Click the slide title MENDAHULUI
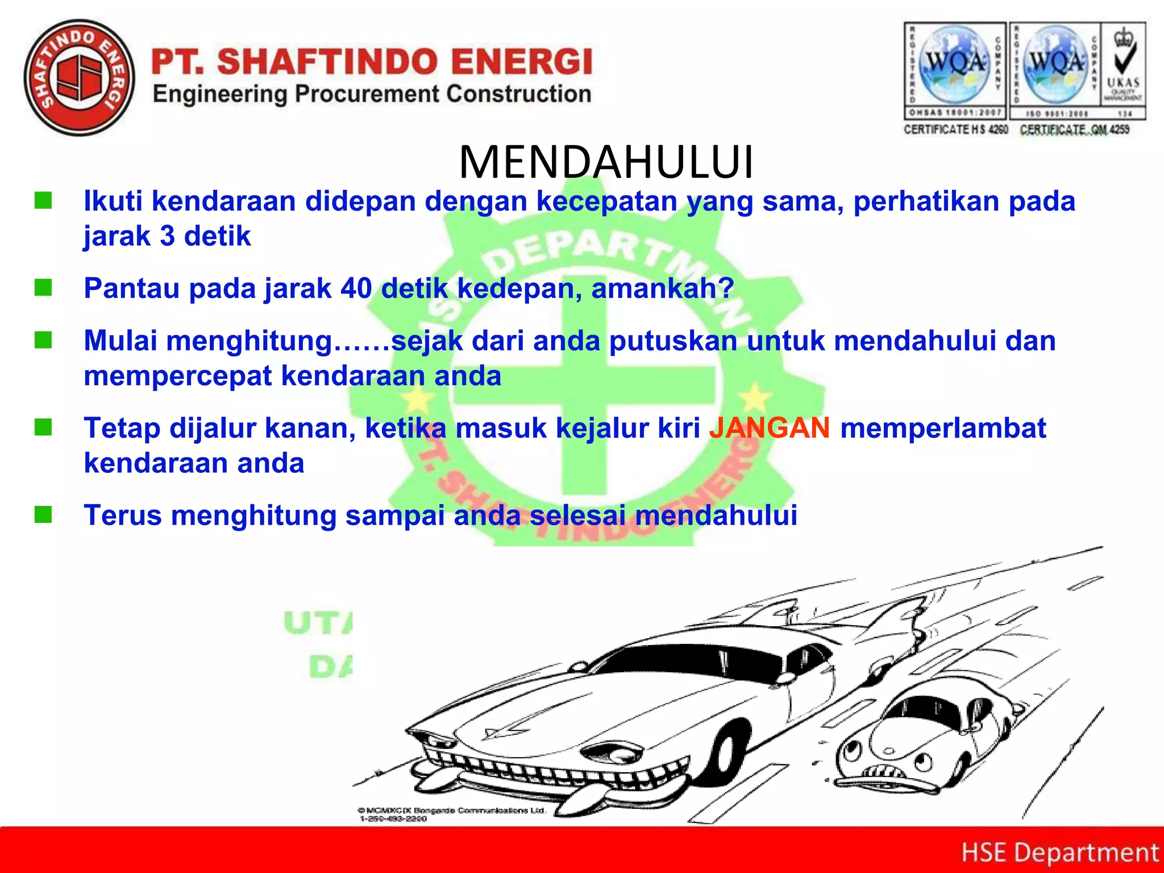pyautogui.click(x=606, y=163)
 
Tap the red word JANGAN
pyautogui.click(x=770, y=428)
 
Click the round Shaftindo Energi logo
pyautogui.click(x=80, y=78)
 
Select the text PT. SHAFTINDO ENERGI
pyautogui.click(x=372, y=61)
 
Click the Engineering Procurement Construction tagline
pyautogui.click(x=372, y=94)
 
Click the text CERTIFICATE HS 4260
pyautogui.click(x=956, y=130)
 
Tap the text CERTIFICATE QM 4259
pyautogui.click(x=1074, y=130)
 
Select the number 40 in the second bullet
pyautogui.click(x=356, y=288)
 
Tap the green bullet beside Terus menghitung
pyautogui.click(x=43, y=514)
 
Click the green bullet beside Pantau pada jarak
pyautogui.click(x=43, y=288)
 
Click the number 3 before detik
pyautogui.click(x=167, y=236)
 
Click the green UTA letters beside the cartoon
pyautogui.click(x=318, y=623)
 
